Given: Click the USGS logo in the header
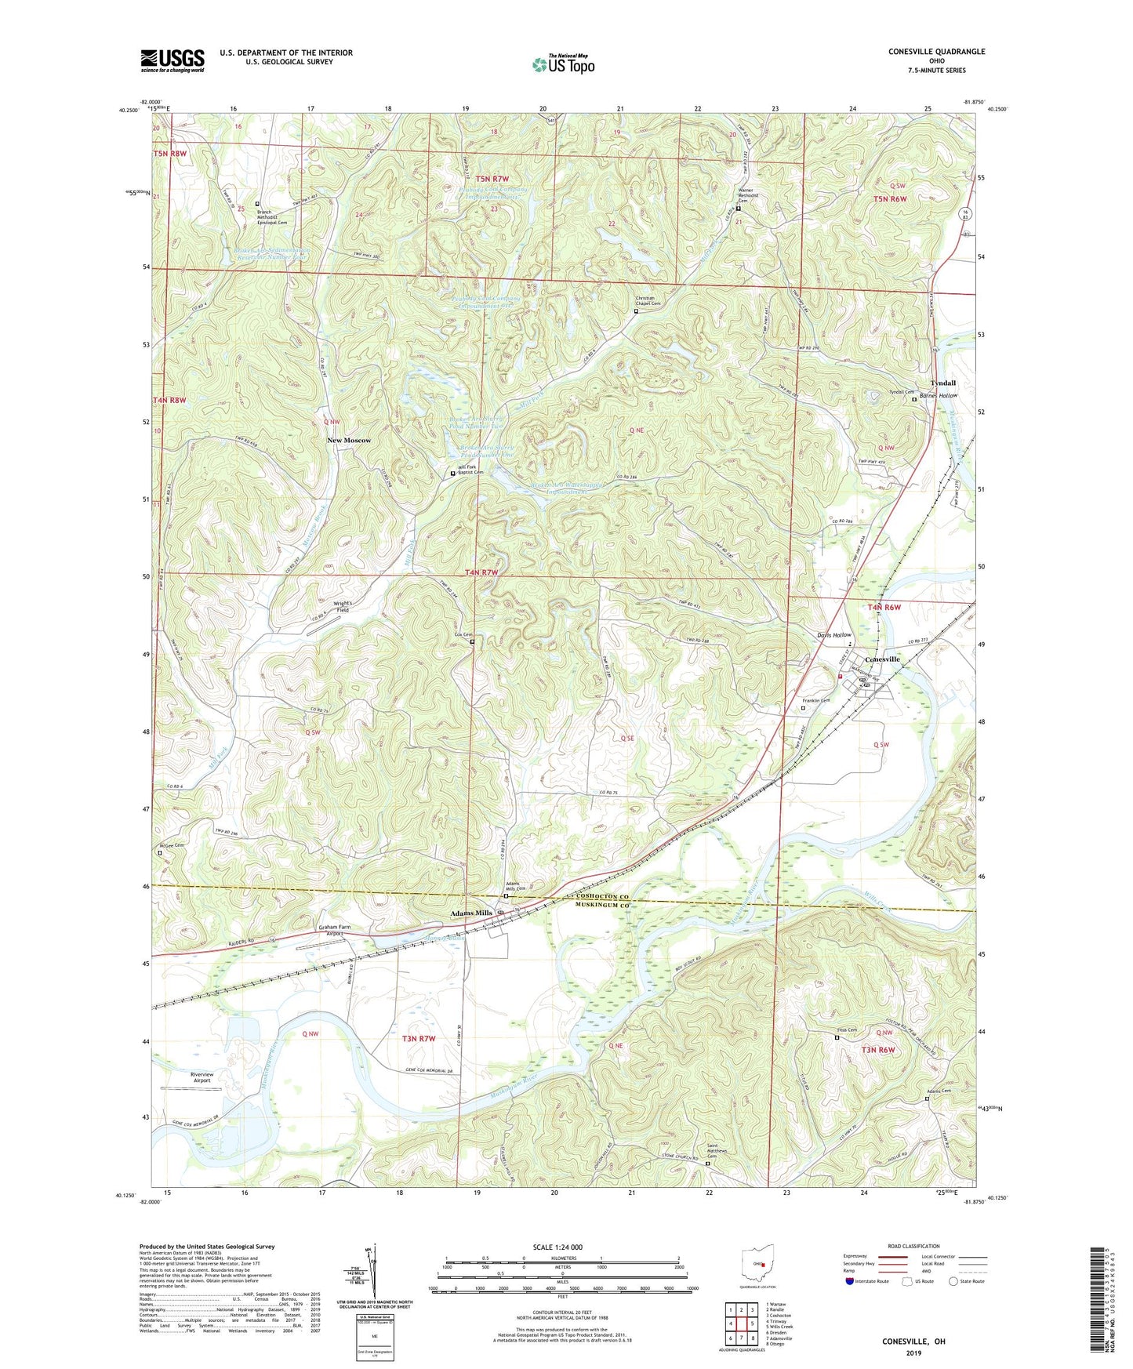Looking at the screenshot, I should [x=172, y=60].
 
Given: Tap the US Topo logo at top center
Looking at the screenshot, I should [x=563, y=64].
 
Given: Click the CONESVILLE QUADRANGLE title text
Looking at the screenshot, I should [x=936, y=52].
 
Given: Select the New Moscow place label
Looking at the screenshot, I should [x=349, y=441].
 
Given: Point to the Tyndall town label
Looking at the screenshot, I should [x=942, y=383].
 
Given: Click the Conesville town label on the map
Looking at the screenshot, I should [x=881, y=659].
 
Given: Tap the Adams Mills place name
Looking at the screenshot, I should [x=471, y=913].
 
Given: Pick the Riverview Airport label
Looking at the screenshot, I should [x=202, y=1077].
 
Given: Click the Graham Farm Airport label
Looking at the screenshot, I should [x=334, y=931].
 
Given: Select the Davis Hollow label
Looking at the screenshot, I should [x=833, y=635].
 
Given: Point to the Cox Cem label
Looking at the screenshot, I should [x=464, y=635].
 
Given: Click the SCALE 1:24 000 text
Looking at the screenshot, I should [x=557, y=1247].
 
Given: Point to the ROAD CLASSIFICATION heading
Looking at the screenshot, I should [x=913, y=1246].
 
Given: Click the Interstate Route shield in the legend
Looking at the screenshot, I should [x=850, y=1282].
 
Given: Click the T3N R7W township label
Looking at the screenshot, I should [x=419, y=1039].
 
